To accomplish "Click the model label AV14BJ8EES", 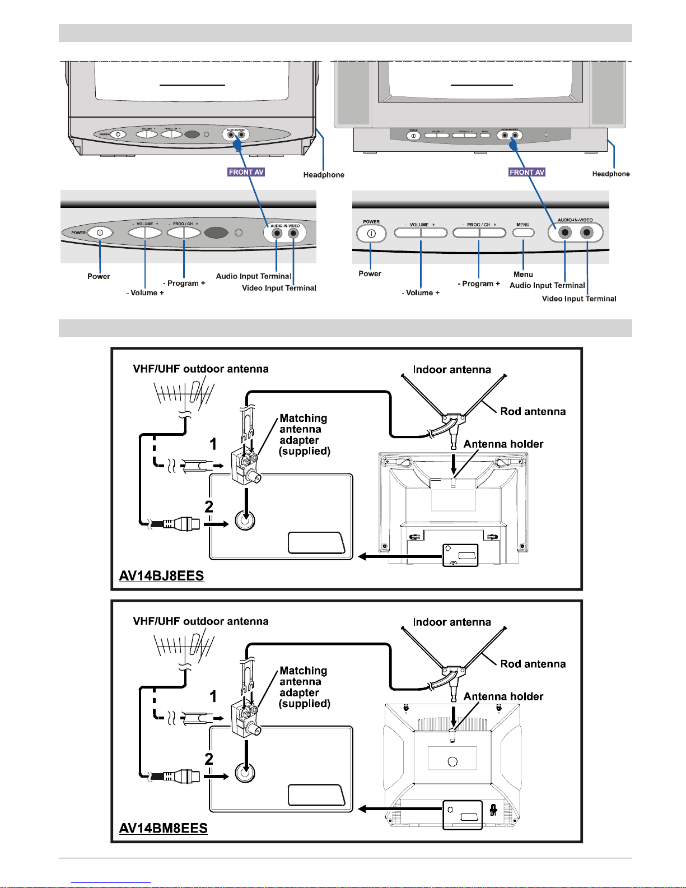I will click(161, 576).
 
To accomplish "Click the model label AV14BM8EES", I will click(163, 828).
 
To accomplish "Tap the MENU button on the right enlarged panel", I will click(523, 232).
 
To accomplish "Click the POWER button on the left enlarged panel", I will click(100, 233).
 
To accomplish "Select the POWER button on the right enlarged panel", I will click(371, 234).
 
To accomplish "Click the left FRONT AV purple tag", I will click(246, 172).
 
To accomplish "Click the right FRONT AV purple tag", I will click(526, 172).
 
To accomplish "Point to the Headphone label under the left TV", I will click(324, 175).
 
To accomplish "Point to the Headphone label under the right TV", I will click(611, 174).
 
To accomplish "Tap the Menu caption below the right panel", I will click(523, 274).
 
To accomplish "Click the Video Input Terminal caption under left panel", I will click(279, 288).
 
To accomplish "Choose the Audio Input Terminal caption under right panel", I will click(547, 285).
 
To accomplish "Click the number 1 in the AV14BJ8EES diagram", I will click(213, 444).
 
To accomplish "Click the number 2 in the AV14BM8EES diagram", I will click(209, 759).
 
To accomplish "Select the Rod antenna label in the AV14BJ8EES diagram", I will click(533, 412).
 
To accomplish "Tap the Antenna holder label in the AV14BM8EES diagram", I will click(503, 696).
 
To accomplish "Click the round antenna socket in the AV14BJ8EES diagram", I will click(245, 520).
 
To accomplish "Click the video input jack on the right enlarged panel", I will click(586, 233).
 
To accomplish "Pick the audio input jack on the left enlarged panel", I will click(277, 234).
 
